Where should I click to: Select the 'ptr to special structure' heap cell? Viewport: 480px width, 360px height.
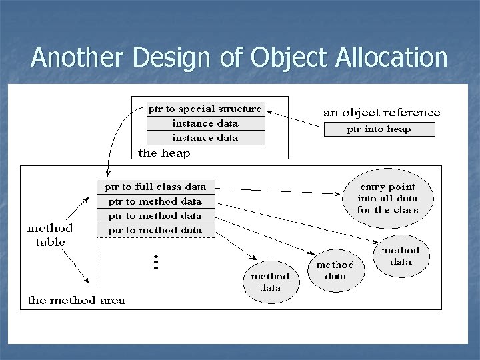[x=205, y=109]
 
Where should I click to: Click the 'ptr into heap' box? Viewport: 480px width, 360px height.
[x=379, y=129]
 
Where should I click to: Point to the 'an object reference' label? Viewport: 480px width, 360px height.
[x=381, y=113]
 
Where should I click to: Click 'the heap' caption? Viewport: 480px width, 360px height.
[x=163, y=153]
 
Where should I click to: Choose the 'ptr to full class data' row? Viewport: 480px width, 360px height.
[x=157, y=186]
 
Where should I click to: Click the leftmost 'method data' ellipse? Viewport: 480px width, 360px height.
[x=270, y=281]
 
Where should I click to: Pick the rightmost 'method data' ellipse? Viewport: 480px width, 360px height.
[x=400, y=256]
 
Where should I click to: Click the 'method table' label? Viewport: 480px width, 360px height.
[x=50, y=234]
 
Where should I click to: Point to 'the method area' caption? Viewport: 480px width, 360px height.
[x=75, y=300]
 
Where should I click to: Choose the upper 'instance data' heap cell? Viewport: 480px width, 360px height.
[x=205, y=123]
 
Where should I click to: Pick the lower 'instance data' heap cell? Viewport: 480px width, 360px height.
[x=205, y=138]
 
